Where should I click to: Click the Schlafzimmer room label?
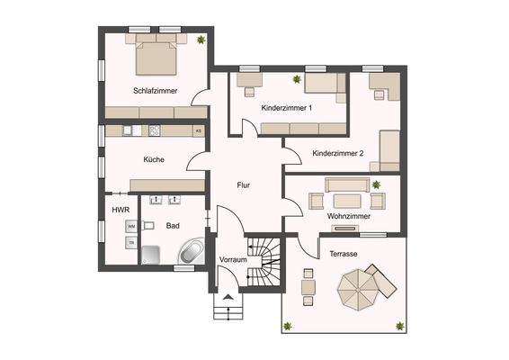click(x=155, y=91)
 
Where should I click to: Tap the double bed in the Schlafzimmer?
click(x=156, y=58)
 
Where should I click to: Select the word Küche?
click(x=153, y=159)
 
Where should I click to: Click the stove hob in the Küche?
click(x=154, y=130)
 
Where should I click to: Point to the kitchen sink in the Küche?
click(x=129, y=130)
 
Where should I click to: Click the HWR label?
click(x=121, y=210)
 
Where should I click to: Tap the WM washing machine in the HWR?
click(x=131, y=227)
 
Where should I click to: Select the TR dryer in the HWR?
click(x=131, y=243)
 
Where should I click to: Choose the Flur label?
click(x=243, y=185)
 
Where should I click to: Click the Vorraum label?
click(x=233, y=260)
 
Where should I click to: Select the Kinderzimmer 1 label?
click(x=286, y=108)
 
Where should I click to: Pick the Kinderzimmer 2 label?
click(x=338, y=153)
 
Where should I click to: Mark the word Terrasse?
click(x=344, y=254)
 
